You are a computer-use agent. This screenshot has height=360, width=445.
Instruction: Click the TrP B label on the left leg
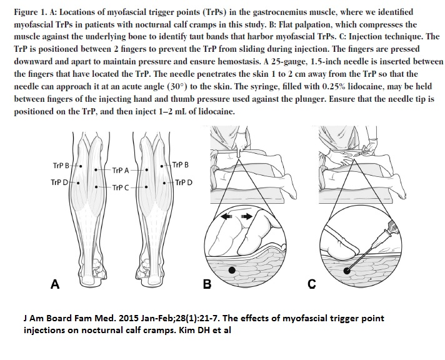click(61, 166)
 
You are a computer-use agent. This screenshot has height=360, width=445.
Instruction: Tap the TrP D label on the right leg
click(184, 182)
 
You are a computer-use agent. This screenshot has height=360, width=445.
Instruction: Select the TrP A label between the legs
click(121, 171)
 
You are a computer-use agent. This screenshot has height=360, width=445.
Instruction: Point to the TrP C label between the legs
click(121, 187)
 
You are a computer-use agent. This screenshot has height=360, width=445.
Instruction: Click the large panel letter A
click(55, 284)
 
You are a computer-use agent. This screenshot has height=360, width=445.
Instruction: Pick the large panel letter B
click(207, 284)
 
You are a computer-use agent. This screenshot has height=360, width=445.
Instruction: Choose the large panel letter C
click(312, 284)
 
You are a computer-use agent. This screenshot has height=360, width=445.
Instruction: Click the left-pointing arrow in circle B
click(227, 217)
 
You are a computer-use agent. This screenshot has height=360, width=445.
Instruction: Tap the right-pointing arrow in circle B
click(247, 217)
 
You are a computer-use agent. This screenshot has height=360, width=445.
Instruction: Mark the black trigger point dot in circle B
click(232, 270)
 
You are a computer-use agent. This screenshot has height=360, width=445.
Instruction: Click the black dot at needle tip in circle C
click(347, 271)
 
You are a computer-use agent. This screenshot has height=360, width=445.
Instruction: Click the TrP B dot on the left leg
click(81, 166)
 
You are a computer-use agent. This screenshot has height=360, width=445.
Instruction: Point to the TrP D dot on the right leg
click(164, 183)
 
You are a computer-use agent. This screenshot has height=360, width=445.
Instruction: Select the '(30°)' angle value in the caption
click(177, 86)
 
